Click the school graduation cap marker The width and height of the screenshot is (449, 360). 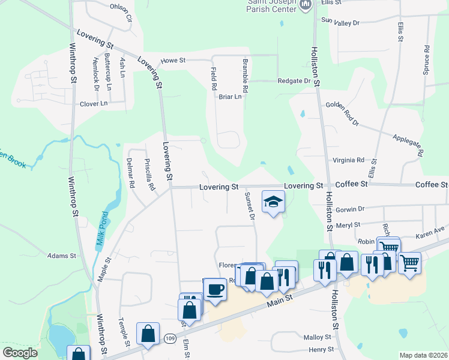tap(273, 202)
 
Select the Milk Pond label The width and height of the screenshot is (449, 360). tap(101, 231)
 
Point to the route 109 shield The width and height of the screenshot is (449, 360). tap(170, 339)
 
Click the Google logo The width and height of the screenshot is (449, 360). tap(20, 353)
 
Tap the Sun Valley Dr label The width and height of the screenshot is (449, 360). tap(340, 22)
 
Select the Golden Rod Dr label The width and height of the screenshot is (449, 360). tap(342, 113)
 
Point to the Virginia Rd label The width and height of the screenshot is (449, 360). tap(349, 160)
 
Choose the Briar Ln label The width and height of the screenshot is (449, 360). tap(230, 96)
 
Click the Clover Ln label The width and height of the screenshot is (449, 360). tap(94, 103)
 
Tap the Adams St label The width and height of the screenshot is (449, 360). tap(62, 256)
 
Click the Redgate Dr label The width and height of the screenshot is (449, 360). tap(294, 81)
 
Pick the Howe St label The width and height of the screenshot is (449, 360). tap(174, 61)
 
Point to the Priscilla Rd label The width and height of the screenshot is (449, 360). tap(149, 174)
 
